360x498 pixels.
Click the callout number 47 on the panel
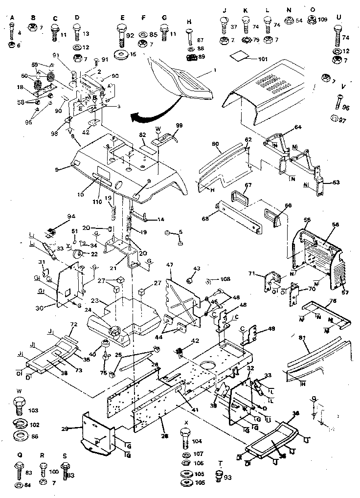170,265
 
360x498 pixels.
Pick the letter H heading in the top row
189,22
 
